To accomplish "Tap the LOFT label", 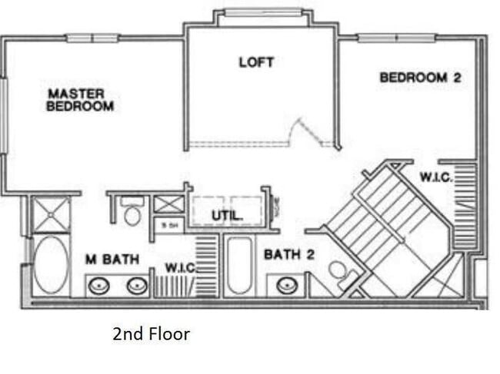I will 256,62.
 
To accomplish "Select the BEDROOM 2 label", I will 420,78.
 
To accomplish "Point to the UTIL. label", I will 228,216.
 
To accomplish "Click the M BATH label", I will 111,260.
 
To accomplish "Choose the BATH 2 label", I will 289,254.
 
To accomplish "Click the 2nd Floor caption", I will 151,334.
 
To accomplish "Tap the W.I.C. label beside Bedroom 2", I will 435,177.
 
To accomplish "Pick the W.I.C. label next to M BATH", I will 182,269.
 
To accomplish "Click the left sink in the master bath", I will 99,287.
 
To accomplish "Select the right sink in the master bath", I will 137,287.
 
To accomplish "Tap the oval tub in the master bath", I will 51,266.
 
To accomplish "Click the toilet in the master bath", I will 132,213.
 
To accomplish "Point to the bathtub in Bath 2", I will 239,266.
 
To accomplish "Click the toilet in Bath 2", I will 338,272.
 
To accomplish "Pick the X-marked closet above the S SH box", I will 168,204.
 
